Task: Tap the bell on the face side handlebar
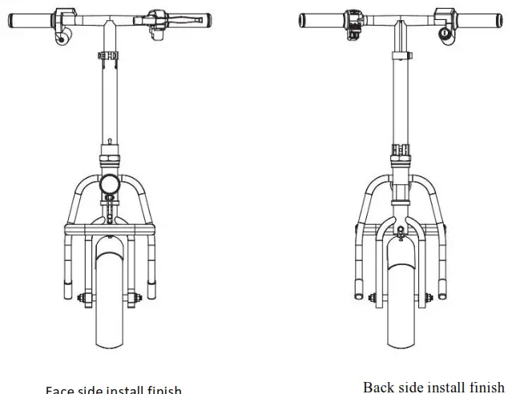point(60,36)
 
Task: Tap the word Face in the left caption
point(60,390)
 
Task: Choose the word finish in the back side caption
point(486,387)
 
